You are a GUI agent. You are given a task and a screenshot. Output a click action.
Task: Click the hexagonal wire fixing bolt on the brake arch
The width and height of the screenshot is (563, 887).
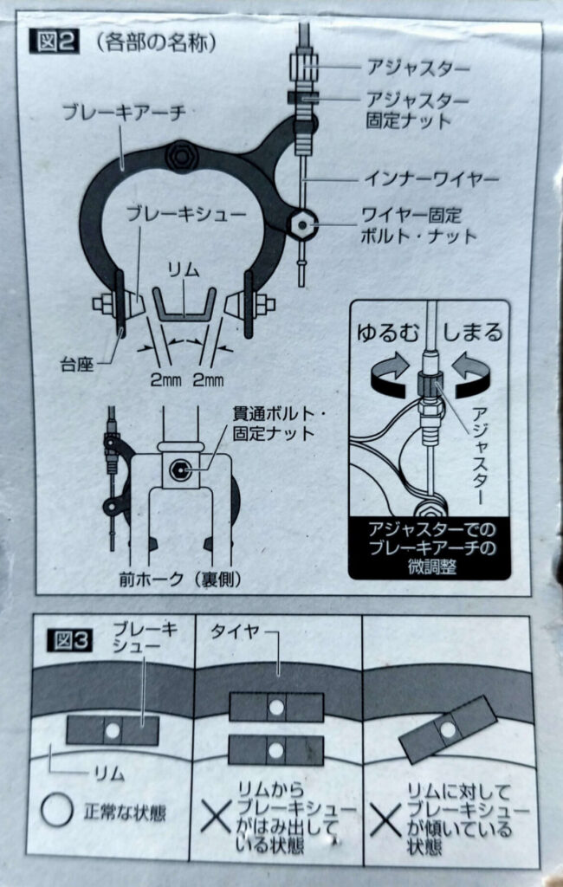click(x=300, y=224)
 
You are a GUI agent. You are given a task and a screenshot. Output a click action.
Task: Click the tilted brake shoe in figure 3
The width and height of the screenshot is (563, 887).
click(x=447, y=731)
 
